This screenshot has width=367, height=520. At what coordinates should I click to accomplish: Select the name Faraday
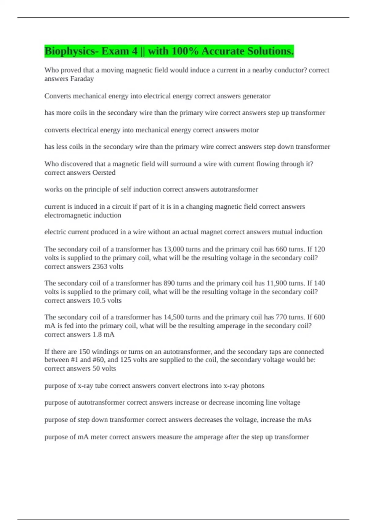82,79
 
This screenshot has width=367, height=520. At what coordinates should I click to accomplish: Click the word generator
256,96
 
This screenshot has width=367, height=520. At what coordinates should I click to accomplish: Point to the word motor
250,130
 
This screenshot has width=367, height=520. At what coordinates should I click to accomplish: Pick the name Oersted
104,173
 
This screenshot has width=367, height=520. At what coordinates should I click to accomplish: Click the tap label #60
98,360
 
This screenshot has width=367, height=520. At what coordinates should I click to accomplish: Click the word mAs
304,420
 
